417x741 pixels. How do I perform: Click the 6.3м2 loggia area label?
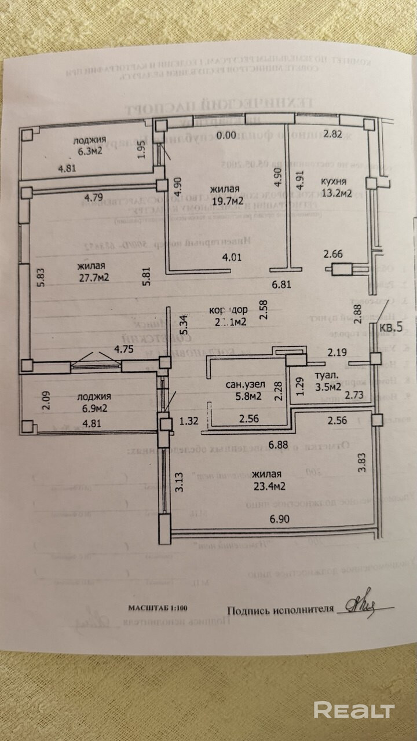tap(89, 153)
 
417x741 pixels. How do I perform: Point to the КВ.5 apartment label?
tap(392, 328)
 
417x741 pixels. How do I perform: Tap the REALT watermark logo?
tap(354, 710)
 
